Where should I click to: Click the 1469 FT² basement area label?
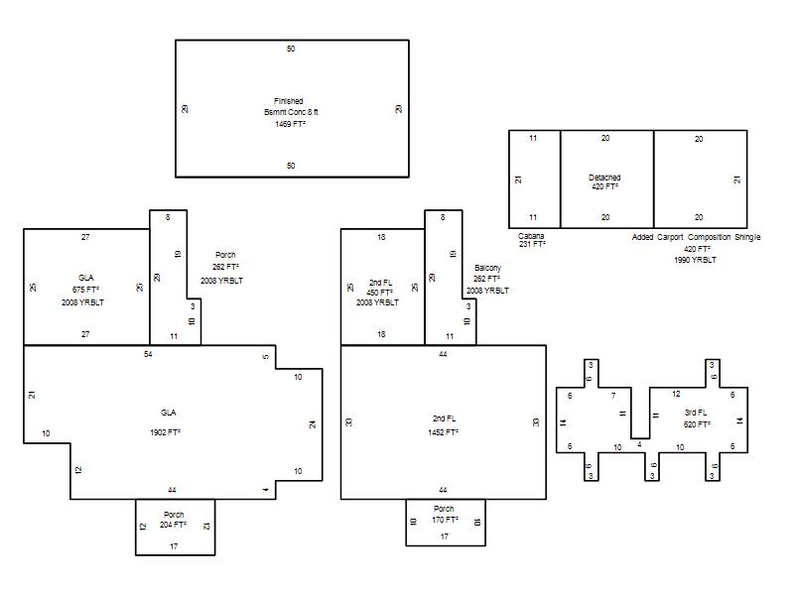tap(290, 124)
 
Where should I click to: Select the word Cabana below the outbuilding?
tap(531, 236)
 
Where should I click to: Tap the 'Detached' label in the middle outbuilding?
tap(604, 178)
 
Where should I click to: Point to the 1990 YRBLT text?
tap(696, 260)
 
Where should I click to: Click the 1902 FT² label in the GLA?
tap(166, 432)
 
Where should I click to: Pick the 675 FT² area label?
tap(85, 290)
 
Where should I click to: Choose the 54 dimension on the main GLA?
tap(148, 354)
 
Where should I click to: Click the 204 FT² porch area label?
tap(173, 526)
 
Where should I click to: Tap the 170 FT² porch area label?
tap(445, 520)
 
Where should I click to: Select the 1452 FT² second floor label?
tap(443, 432)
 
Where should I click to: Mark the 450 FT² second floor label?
tap(380, 293)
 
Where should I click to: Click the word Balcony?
tap(487, 268)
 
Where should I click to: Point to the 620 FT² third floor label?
tap(697, 424)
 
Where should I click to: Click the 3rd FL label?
tap(696, 413)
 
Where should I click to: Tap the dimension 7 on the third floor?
tap(613, 396)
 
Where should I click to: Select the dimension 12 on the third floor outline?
tap(676, 394)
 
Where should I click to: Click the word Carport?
tap(670, 237)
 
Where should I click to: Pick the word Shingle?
tap(747, 237)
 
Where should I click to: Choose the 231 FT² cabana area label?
tap(532, 244)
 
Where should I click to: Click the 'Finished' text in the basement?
tap(289, 101)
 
